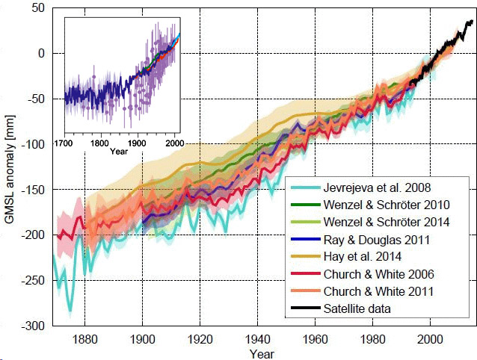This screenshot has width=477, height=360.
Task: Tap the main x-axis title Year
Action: click(262, 353)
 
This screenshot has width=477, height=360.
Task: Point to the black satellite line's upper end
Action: click(473, 22)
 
